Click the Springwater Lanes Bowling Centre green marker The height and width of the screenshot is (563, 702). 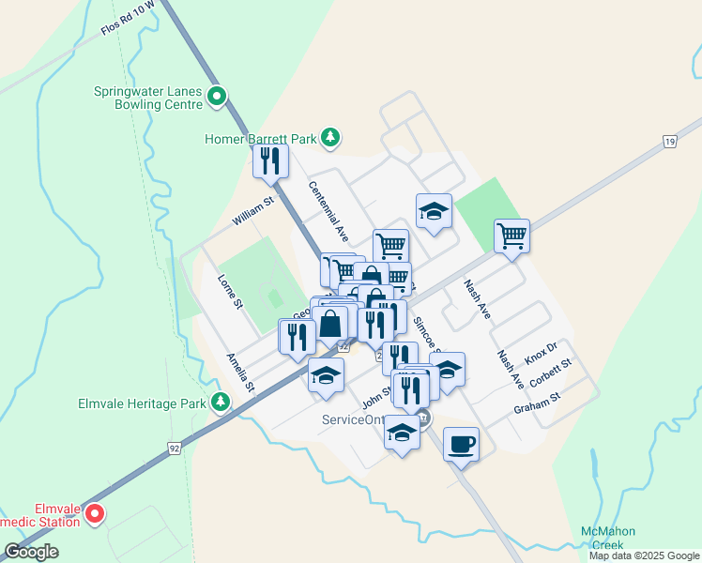click(x=217, y=96)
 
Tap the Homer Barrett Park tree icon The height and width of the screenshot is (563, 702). click(x=329, y=139)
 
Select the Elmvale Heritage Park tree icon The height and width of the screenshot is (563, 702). click(x=221, y=402)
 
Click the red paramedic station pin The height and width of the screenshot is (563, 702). click(x=94, y=513)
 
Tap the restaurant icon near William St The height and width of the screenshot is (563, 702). click(x=270, y=160)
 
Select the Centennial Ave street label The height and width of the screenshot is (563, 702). click(x=328, y=210)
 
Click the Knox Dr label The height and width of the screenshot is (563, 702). click(x=541, y=355)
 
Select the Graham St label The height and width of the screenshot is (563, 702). click(x=536, y=404)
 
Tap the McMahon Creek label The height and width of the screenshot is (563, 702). click(x=602, y=538)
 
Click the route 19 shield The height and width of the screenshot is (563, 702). click(x=668, y=142)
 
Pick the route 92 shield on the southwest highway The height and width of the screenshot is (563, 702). click(x=174, y=449)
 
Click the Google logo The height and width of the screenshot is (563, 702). click(x=31, y=552)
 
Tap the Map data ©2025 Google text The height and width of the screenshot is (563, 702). click(x=643, y=555)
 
